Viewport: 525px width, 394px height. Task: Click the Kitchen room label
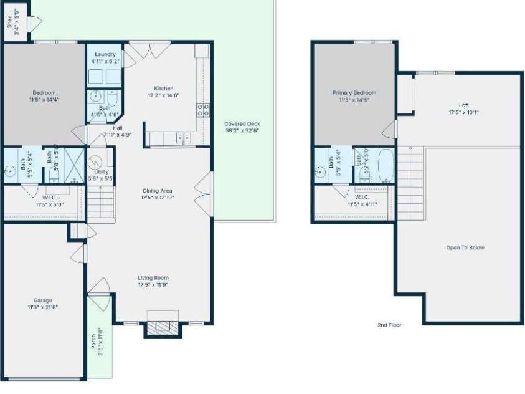click(x=164, y=89)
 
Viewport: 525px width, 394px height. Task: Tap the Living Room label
click(x=153, y=278)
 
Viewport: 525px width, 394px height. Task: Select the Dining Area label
click(x=157, y=191)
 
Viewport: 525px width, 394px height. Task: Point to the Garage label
click(x=39, y=300)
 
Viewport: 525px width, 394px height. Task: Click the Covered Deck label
click(x=242, y=124)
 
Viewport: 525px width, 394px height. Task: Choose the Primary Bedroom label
click(x=354, y=93)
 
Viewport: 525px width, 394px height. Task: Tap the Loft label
click(x=463, y=105)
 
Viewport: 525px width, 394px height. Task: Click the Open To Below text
click(x=465, y=248)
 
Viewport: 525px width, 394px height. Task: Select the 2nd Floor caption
click(x=390, y=325)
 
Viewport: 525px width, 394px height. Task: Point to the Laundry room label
click(x=103, y=55)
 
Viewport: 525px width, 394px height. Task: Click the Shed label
click(x=9, y=24)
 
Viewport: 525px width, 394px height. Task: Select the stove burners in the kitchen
click(x=203, y=110)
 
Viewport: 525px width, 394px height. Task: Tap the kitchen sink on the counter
click(x=183, y=138)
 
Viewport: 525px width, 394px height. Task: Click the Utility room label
click(x=102, y=171)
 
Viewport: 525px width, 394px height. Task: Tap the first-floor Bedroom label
click(x=44, y=93)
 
